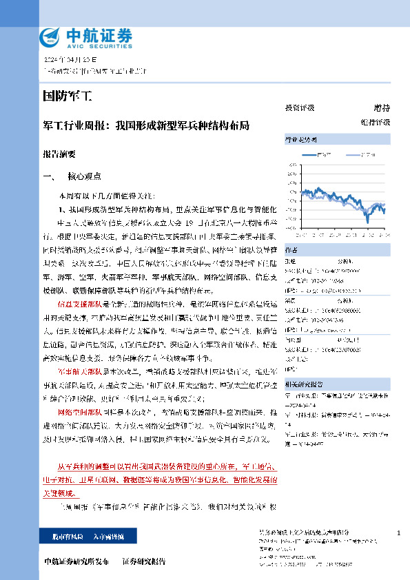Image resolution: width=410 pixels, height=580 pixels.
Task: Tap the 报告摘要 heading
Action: pyautogui.click(x=60, y=156)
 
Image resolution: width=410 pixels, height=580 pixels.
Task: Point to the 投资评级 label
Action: pyautogui.click(x=300, y=108)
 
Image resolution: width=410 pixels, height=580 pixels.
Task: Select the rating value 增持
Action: pyautogui.click(x=381, y=108)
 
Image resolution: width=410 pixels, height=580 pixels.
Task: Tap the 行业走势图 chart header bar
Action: pyautogui.click(x=338, y=139)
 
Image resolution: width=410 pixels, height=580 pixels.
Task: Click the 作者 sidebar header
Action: pyautogui.click(x=338, y=249)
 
